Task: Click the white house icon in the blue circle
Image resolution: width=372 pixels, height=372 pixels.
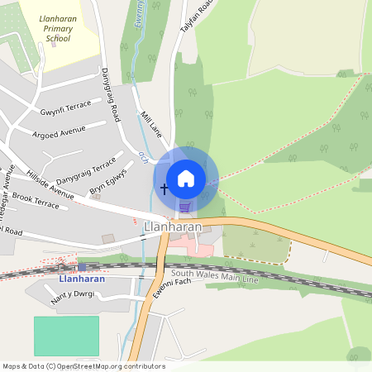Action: click(x=186, y=178)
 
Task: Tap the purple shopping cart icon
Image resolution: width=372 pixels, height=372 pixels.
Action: click(x=185, y=207)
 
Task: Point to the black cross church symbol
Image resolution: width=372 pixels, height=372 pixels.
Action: click(x=164, y=189)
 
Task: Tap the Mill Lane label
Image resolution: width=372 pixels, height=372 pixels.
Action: click(x=155, y=126)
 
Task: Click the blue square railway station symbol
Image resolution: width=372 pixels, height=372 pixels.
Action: click(x=81, y=267)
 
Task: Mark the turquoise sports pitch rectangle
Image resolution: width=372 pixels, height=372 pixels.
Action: click(x=66, y=336)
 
